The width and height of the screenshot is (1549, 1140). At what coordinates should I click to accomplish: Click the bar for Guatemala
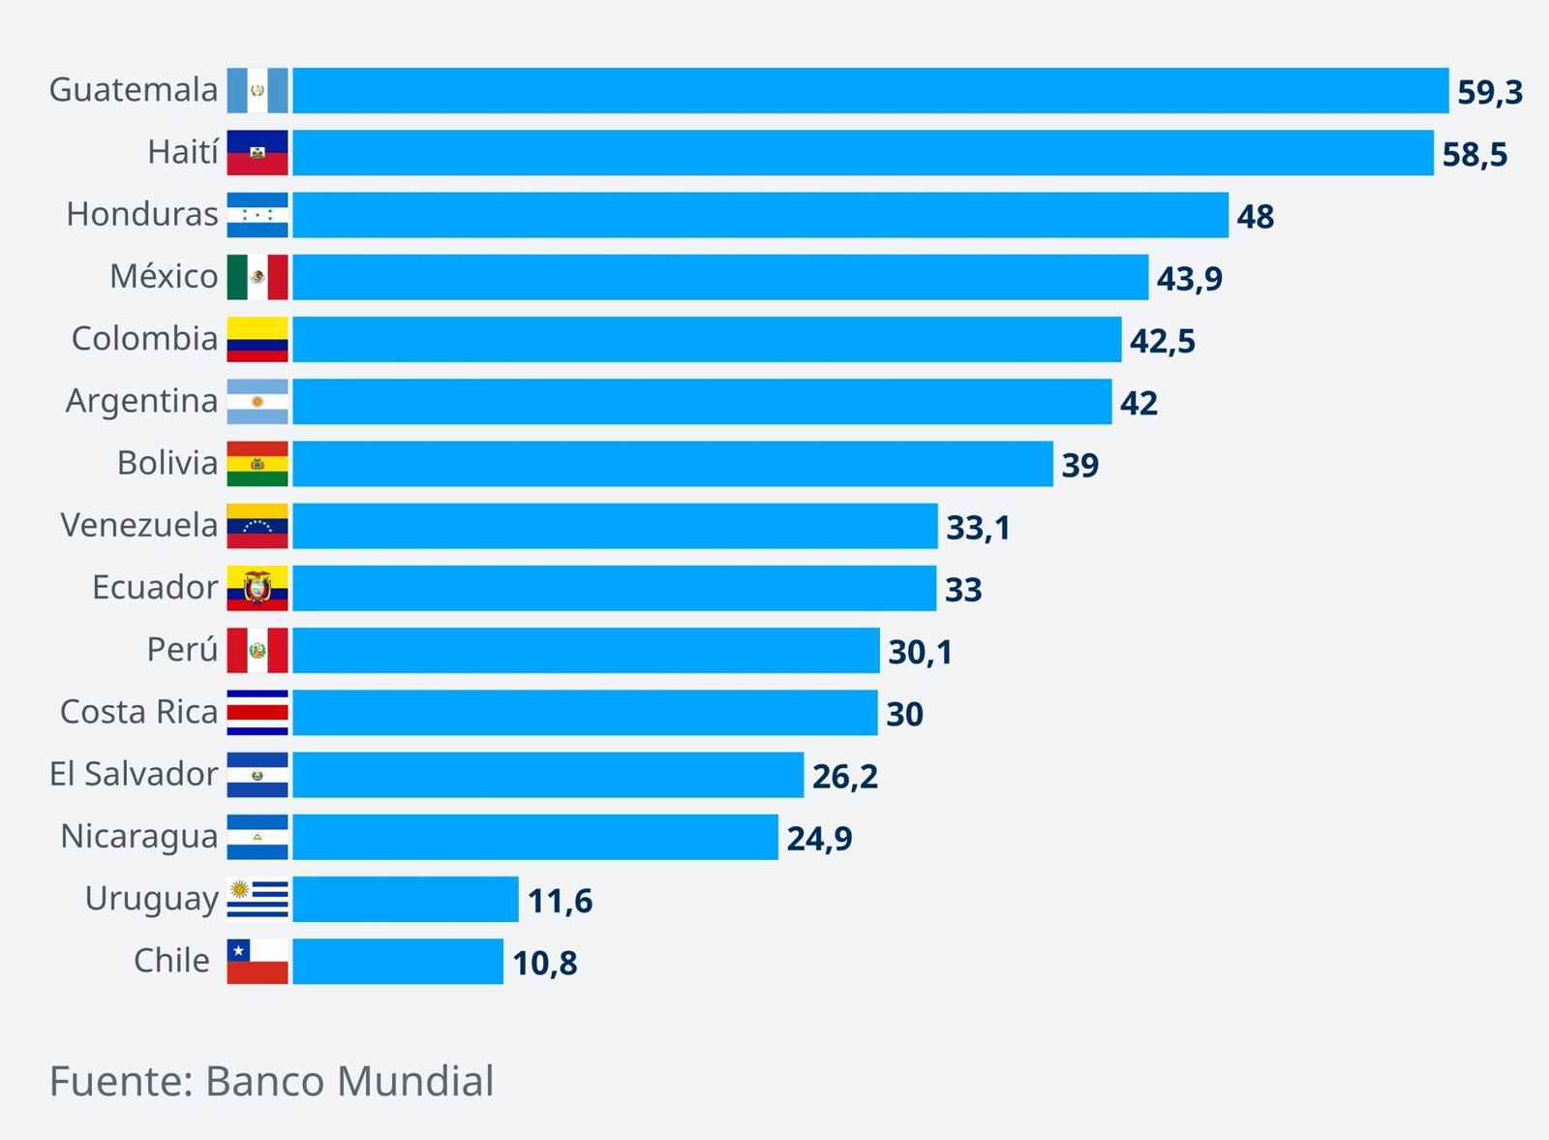coord(869,91)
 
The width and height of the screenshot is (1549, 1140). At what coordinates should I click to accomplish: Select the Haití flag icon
coord(258,153)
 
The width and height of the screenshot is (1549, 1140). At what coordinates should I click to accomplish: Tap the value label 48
coord(1255,216)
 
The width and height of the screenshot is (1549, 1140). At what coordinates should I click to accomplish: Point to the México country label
coord(164,277)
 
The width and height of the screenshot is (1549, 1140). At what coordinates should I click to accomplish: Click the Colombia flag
coord(258,340)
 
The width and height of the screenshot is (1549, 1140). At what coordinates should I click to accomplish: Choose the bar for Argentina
coord(702,402)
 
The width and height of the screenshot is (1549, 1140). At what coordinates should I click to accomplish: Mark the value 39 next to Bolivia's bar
coord(1079,465)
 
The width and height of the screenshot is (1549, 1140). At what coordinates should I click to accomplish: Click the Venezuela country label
coord(139,526)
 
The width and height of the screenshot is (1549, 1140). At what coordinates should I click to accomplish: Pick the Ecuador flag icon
coord(258,588)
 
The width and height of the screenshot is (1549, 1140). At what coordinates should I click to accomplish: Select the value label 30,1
coord(920,652)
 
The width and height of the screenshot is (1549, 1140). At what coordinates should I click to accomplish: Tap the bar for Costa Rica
coord(585,713)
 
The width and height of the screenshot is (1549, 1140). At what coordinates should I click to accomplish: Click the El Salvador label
coord(134,774)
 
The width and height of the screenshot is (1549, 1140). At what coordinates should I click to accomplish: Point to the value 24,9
coord(819,839)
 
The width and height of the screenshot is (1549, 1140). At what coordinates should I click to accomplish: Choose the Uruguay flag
coord(258,899)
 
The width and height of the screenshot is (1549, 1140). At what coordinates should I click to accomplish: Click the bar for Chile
coord(398,962)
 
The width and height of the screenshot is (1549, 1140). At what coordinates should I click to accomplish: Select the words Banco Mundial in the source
coord(349,1082)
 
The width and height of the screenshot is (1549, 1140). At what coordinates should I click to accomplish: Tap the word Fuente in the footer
coord(117,1082)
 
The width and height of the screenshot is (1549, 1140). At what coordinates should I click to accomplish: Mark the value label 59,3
coord(1489,92)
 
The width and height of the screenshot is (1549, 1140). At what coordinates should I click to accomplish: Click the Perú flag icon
coord(258,651)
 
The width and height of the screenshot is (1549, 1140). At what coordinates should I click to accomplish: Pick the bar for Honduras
coord(760,215)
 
